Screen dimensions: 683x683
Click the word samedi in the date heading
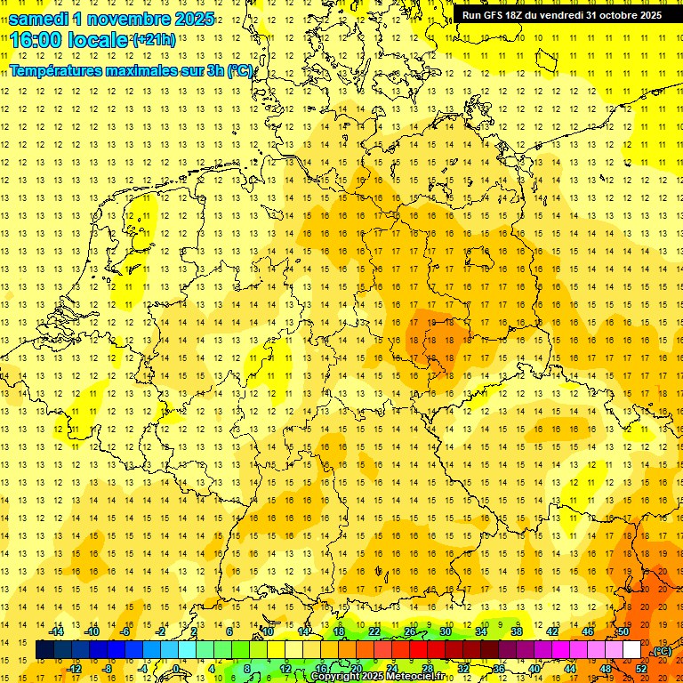click(x=39, y=18)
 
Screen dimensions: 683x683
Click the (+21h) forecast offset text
click(x=154, y=40)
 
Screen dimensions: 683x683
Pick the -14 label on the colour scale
click(x=57, y=631)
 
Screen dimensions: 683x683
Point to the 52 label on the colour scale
click(x=640, y=668)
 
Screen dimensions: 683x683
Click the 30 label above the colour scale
click(x=446, y=631)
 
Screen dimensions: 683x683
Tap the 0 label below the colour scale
click(x=176, y=668)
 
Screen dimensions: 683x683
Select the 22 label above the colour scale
click(x=374, y=631)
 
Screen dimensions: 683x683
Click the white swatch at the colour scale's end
click(x=631, y=650)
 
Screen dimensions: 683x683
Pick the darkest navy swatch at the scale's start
click(x=44, y=650)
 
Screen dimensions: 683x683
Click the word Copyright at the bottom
click(x=334, y=677)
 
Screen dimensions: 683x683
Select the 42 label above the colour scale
click(x=551, y=631)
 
